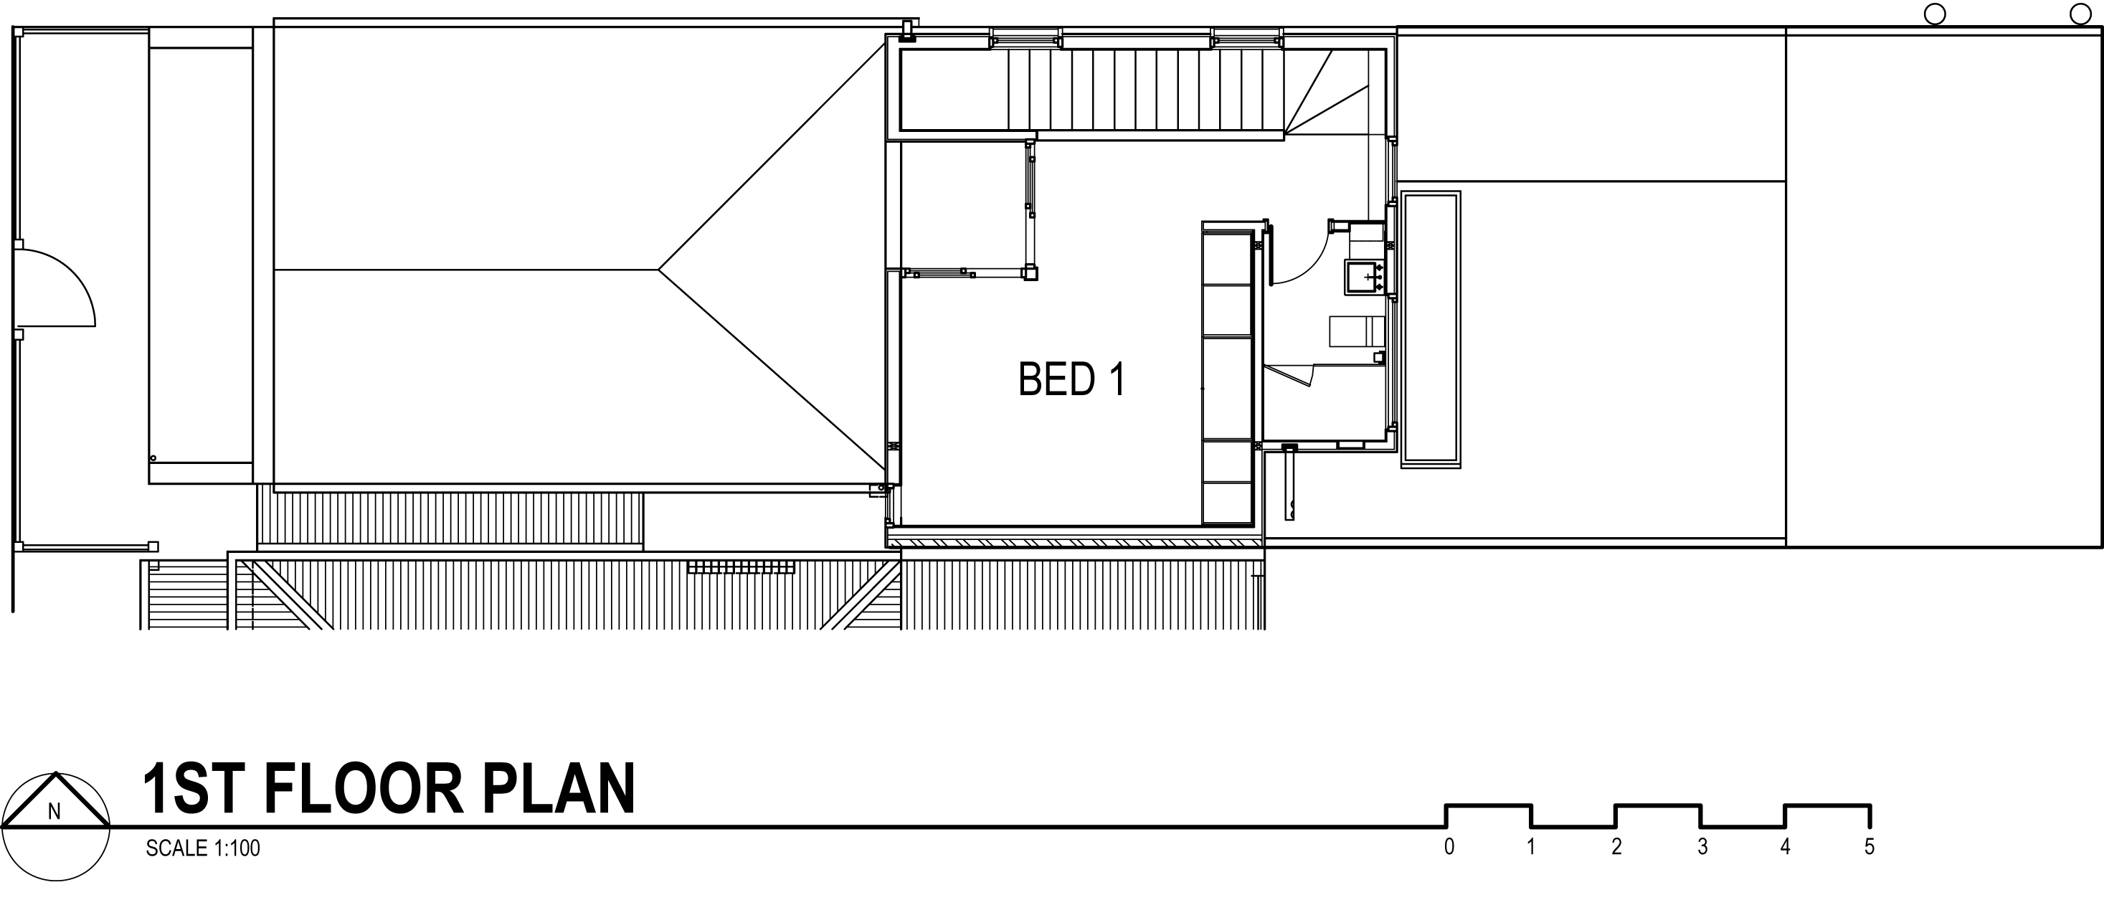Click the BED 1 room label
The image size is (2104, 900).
(x=1071, y=380)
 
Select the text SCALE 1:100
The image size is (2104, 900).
(x=202, y=848)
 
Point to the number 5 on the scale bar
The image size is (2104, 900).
(x=1870, y=847)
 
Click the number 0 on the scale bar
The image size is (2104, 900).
(x=1449, y=847)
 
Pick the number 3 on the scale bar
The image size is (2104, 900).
(x=1702, y=847)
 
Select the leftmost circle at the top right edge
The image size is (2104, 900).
(x=1935, y=14)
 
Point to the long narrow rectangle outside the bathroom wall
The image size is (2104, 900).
(x=1431, y=329)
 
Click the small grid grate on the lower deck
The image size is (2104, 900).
(x=741, y=567)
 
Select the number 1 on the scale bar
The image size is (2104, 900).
(x=1530, y=847)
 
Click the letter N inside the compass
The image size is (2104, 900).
(x=55, y=812)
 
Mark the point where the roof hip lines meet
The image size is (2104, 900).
(x=659, y=269)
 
